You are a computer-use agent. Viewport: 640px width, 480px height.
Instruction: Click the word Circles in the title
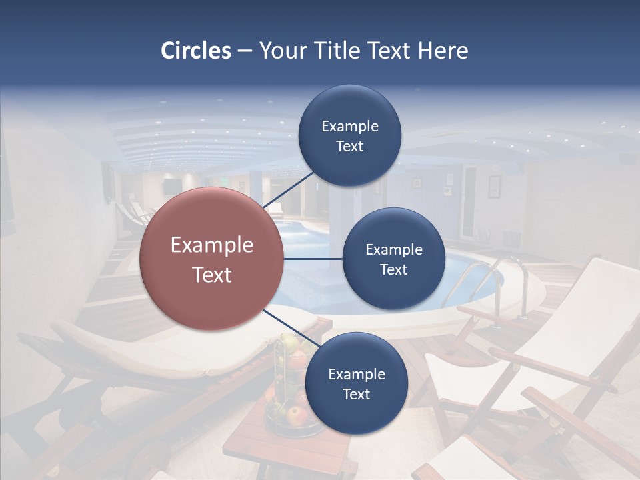point(195,51)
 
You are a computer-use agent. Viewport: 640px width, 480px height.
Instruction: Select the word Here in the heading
point(443,51)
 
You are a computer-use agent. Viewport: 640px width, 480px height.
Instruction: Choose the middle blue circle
point(394,259)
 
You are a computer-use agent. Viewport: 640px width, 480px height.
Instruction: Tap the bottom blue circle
point(356,383)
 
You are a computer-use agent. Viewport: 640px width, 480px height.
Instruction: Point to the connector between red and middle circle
point(313,259)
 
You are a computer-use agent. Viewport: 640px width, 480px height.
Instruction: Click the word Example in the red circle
point(212,245)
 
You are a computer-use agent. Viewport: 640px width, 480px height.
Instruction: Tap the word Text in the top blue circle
point(350,147)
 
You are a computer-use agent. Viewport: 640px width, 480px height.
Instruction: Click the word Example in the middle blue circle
point(394,249)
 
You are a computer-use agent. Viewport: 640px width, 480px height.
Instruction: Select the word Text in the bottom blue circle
point(356,394)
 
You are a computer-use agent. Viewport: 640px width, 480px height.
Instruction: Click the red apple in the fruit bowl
point(296,416)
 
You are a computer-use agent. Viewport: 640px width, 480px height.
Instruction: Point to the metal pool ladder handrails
point(497,280)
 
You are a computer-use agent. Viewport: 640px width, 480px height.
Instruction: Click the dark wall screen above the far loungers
point(171,186)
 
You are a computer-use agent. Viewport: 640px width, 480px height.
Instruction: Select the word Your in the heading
point(280,51)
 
